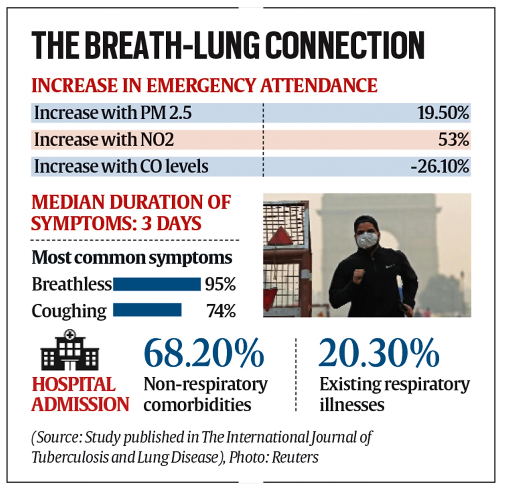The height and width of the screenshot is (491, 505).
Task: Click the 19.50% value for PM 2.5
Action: [443, 113]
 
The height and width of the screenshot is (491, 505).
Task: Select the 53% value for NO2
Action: [453, 139]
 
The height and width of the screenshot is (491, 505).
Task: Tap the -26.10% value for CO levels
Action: [440, 166]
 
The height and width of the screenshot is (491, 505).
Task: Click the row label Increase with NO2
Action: [104, 139]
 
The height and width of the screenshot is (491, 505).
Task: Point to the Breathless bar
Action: [157, 284]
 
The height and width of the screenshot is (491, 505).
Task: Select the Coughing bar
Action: [147, 310]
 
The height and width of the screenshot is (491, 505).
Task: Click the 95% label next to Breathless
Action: [220, 284]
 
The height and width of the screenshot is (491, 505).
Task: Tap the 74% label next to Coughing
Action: [221, 311]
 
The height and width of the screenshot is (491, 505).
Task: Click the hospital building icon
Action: [70, 350]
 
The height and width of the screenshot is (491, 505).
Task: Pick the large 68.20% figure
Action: [204, 353]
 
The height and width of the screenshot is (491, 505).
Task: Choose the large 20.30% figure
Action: [379, 353]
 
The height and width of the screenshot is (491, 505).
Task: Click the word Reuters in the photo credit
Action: [295, 457]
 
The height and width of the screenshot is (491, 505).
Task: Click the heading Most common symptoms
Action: [132, 258]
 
